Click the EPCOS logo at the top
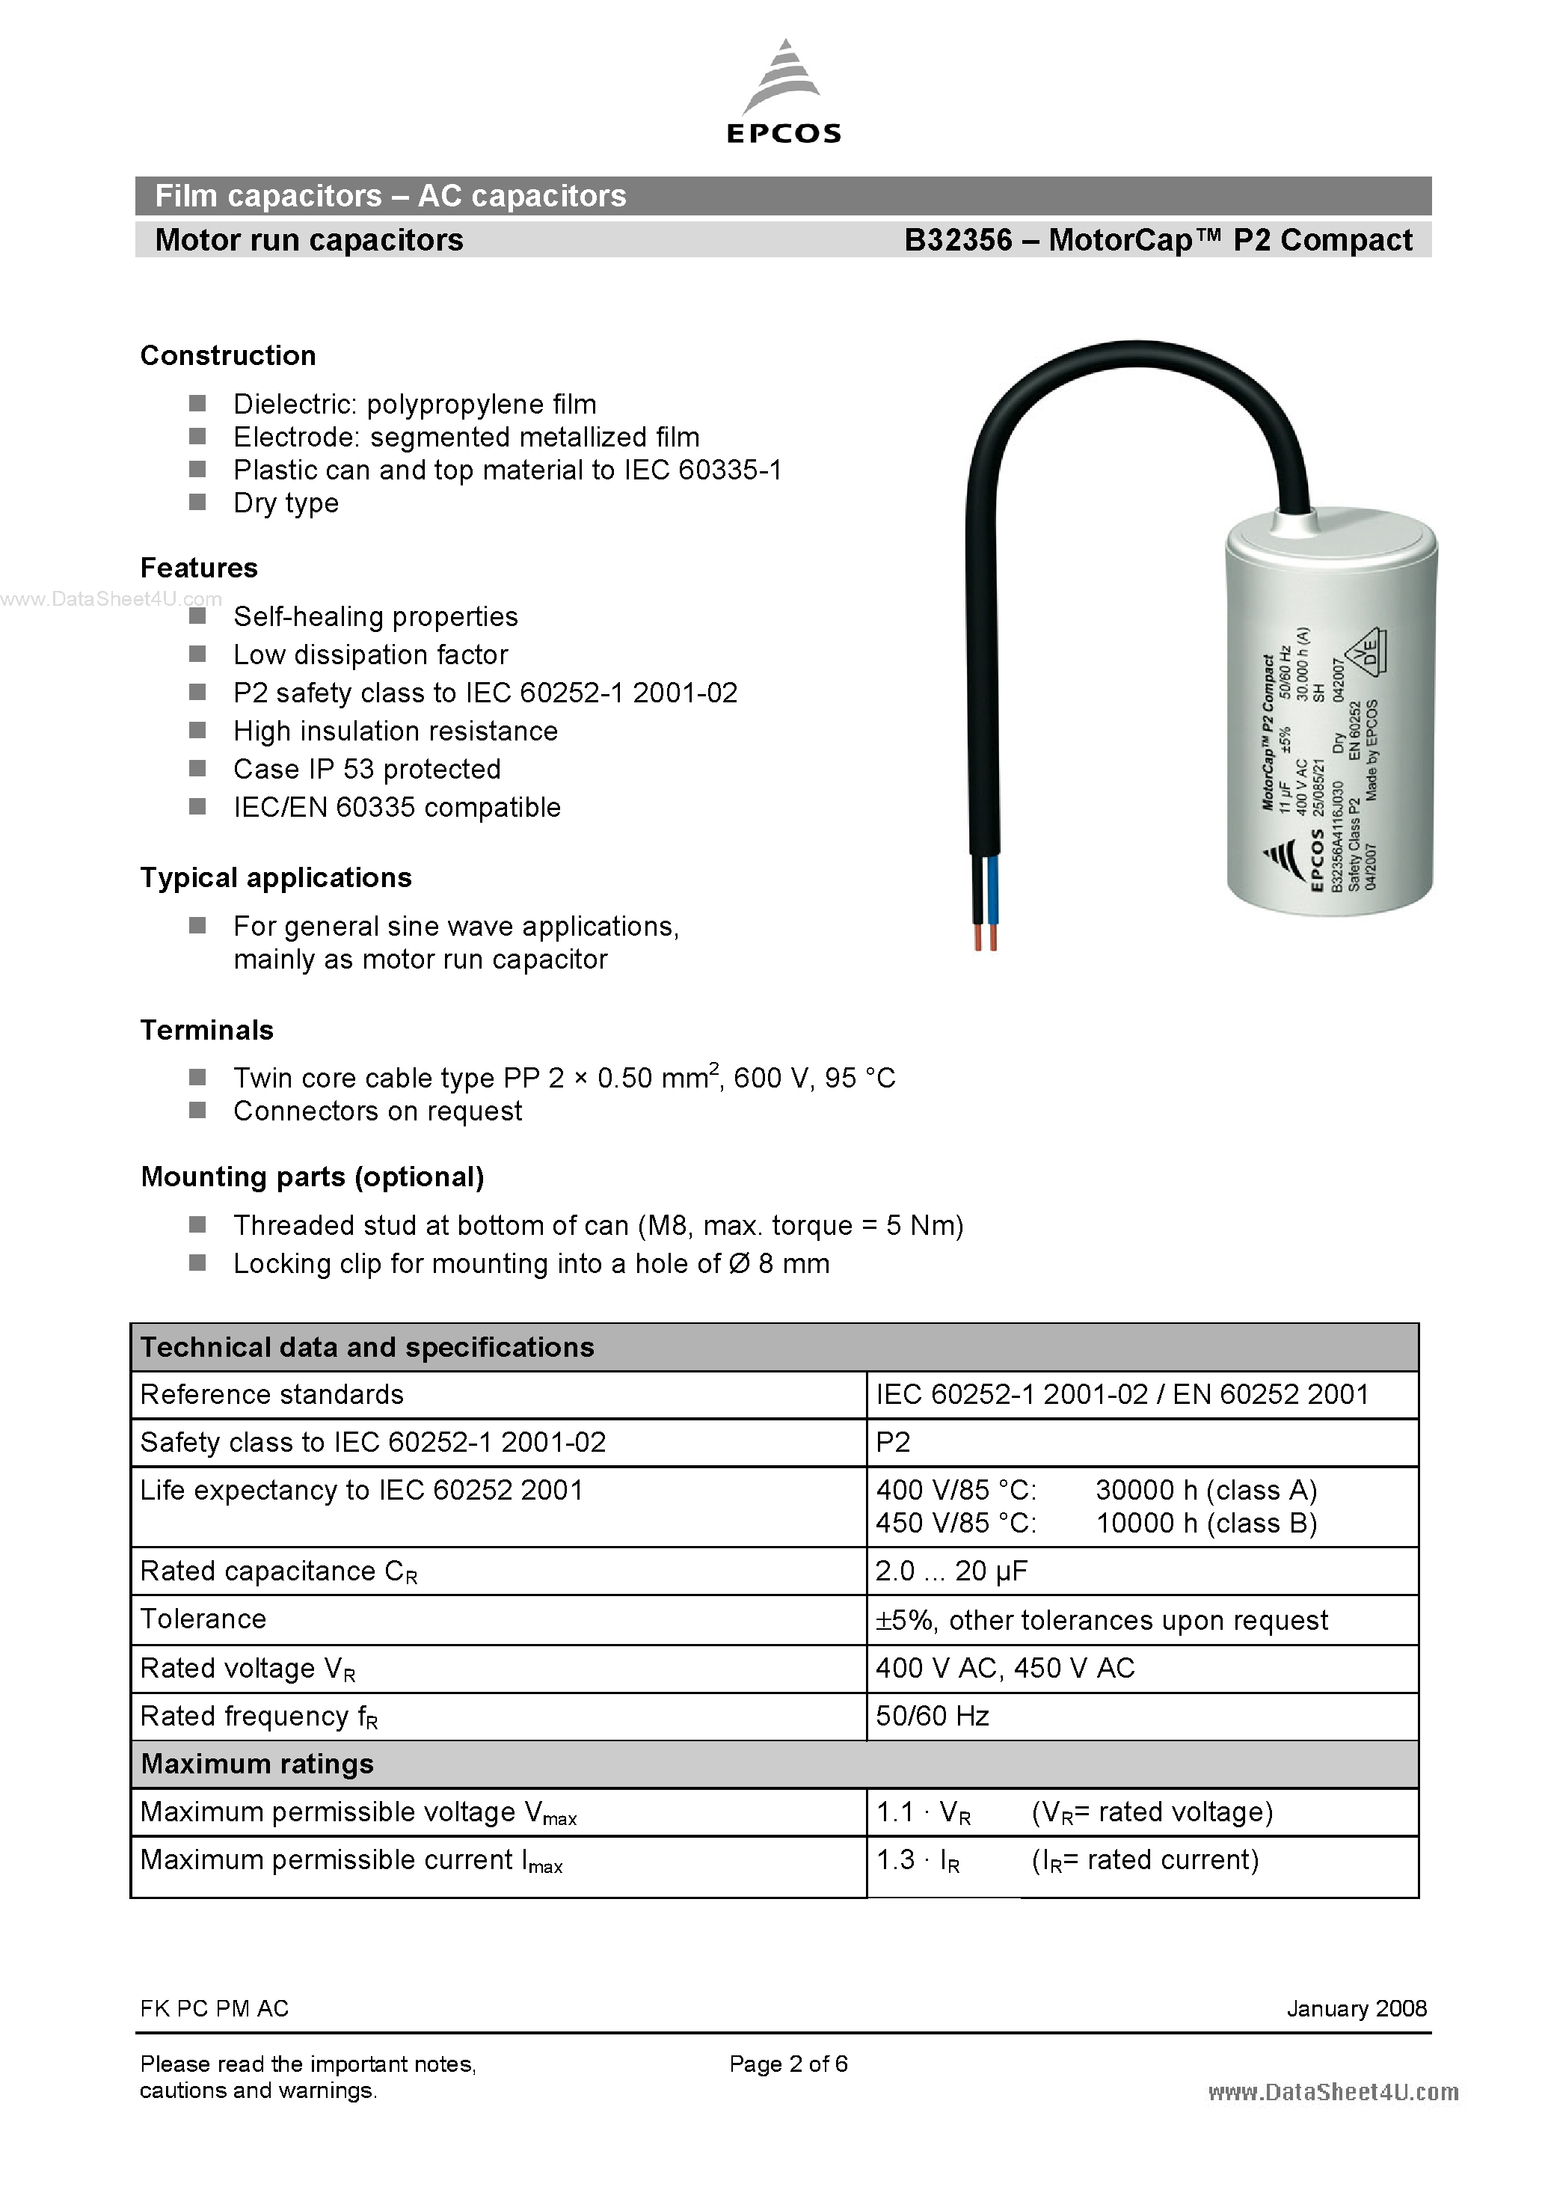(783, 93)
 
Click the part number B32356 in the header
(957, 240)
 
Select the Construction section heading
(227, 355)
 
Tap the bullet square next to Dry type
(197, 501)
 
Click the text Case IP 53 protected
(366, 769)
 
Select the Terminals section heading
(206, 1030)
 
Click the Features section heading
(199, 568)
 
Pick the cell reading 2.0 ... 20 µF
(950, 1571)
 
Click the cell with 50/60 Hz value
(932, 1716)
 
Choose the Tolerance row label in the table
(203, 1619)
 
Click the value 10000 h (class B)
(1206, 1523)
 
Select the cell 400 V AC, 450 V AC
(1005, 1668)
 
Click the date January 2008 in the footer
(1356, 2008)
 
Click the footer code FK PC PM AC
(215, 2008)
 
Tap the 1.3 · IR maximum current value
(918, 1859)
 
